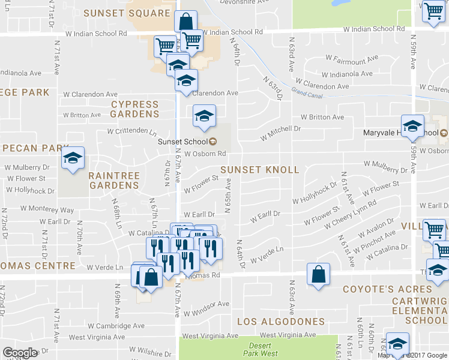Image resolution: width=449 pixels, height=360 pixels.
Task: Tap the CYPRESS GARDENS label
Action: click(x=135, y=109)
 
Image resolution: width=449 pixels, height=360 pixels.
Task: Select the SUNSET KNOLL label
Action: click(x=259, y=170)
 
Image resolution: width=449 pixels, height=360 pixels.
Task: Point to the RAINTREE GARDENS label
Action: click(x=114, y=181)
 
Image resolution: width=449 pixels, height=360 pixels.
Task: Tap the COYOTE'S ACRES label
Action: click(x=387, y=289)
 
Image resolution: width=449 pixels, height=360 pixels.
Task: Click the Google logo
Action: click(x=20, y=353)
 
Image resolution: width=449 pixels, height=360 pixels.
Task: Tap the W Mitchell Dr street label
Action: click(x=280, y=133)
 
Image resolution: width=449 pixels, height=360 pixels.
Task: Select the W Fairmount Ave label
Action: click(x=351, y=59)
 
